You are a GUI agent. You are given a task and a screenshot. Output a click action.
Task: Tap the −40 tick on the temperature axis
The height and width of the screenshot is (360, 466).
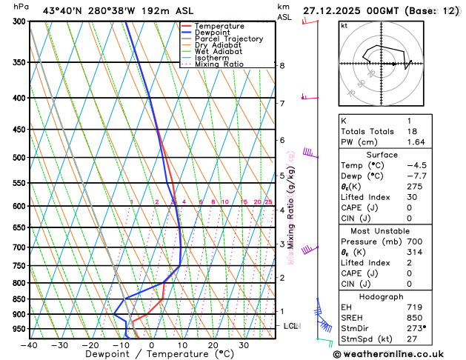pyautogui.click(x=29, y=345)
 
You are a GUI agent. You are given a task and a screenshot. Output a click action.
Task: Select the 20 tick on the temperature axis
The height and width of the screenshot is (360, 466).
pyautogui.click(x=213, y=345)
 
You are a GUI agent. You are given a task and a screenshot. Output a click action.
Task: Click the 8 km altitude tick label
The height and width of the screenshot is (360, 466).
pyautogui.click(x=282, y=66)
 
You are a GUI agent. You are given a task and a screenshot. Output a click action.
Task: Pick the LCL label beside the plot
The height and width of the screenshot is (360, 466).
pyautogui.click(x=291, y=326)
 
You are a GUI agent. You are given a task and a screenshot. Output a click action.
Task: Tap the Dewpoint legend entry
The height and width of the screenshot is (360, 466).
pyautogui.click(x=213, y=33)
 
